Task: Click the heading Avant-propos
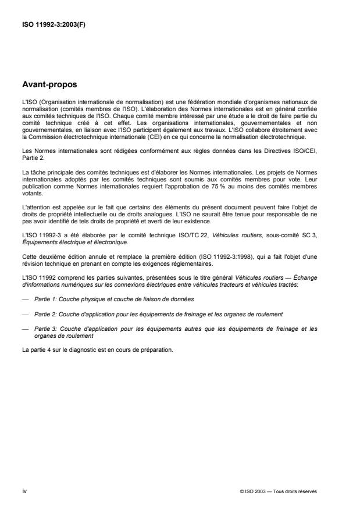point(49,84)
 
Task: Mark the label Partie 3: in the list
point(44,329)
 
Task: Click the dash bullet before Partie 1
point(25,298)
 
